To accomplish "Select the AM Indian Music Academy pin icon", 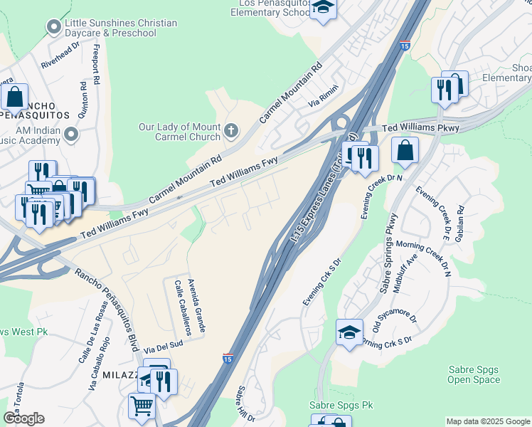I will [x=70, y=134].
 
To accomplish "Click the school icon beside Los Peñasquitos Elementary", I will [x=324, y=9].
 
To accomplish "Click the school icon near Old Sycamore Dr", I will [x=349, y=332].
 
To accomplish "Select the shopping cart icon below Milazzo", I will [x=142, y=406].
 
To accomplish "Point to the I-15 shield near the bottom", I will [x=228, y=357].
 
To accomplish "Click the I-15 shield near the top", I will [x=405, y=46].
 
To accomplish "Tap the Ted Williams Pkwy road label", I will [x=421, y=128].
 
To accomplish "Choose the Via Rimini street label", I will [x=323, y=98].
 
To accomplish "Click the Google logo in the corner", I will [x=23, y=418].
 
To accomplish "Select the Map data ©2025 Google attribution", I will [x=487, y=421].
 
